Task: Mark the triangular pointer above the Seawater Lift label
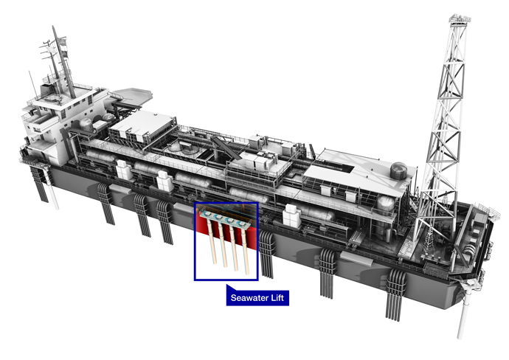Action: (230, 288)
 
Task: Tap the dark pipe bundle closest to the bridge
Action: (108, 203)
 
